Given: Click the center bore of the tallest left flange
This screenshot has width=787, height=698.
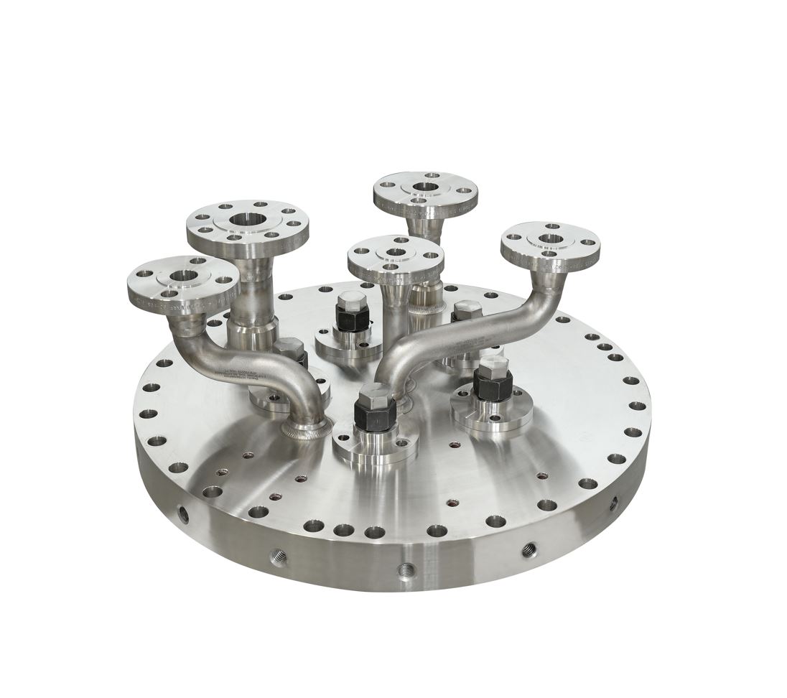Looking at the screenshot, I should tap(248, 219).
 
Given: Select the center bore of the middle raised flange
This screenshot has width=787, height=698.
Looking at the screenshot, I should tap(394, 253).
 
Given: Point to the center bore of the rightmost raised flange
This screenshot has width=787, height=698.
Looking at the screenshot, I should tap(551, 238).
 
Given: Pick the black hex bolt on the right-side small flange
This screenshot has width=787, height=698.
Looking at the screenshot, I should tap(492, 386).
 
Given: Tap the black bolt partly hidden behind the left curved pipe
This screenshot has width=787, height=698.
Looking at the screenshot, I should tap(290, 354).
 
